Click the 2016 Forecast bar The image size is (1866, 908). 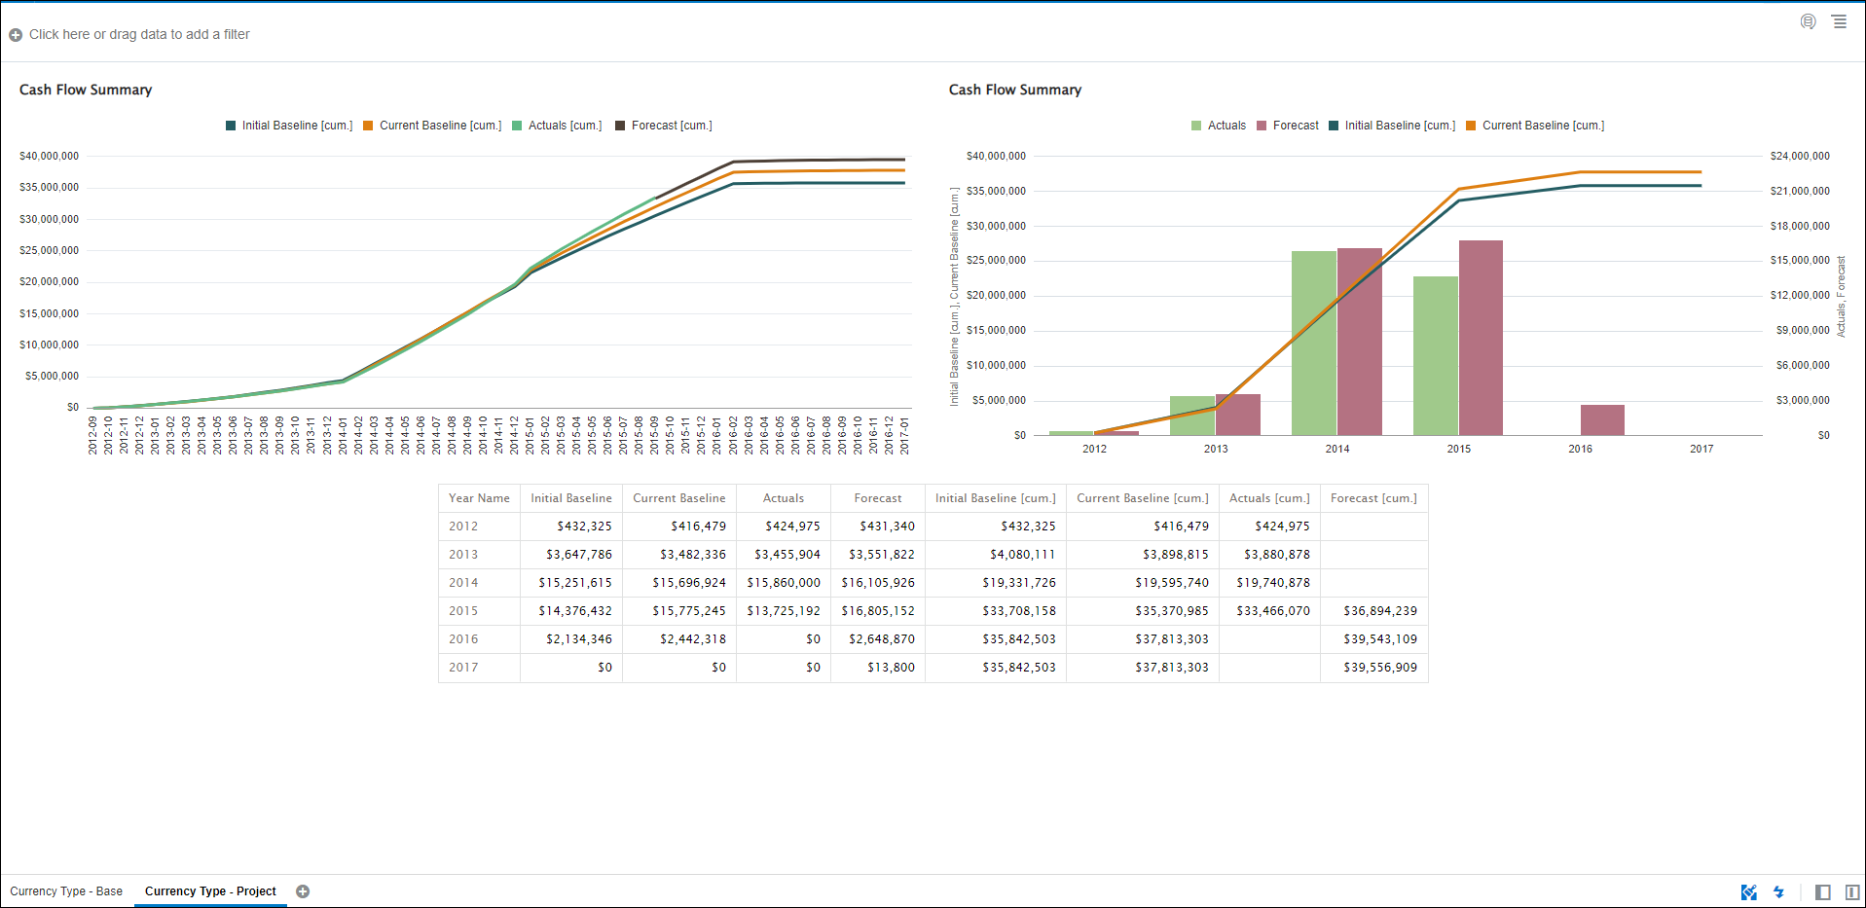tap(1602, 419)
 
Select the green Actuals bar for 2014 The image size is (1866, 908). tap(1313, 343)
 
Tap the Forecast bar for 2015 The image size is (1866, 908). tap(1481, 337)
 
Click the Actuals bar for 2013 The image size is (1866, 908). tap(1192, 415)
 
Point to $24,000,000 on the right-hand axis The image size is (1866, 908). tap(1799, 156)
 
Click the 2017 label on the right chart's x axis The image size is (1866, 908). tap(1701, 449)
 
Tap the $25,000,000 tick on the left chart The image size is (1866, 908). tap(49, 250)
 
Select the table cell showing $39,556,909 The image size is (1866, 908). tap(1380, 668)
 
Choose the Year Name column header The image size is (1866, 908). tap(479, 498)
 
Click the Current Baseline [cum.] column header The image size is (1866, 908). tap(1142, 498)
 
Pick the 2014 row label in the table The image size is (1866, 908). tap(463, 583)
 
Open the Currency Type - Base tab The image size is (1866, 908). tap(66, 891)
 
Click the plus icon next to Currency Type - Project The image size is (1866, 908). tap(303, 891)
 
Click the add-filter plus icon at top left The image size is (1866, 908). tap(16, 35)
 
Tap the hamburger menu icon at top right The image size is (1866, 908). tap(1839, 21)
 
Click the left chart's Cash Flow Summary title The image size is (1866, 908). tap(86, 90)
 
